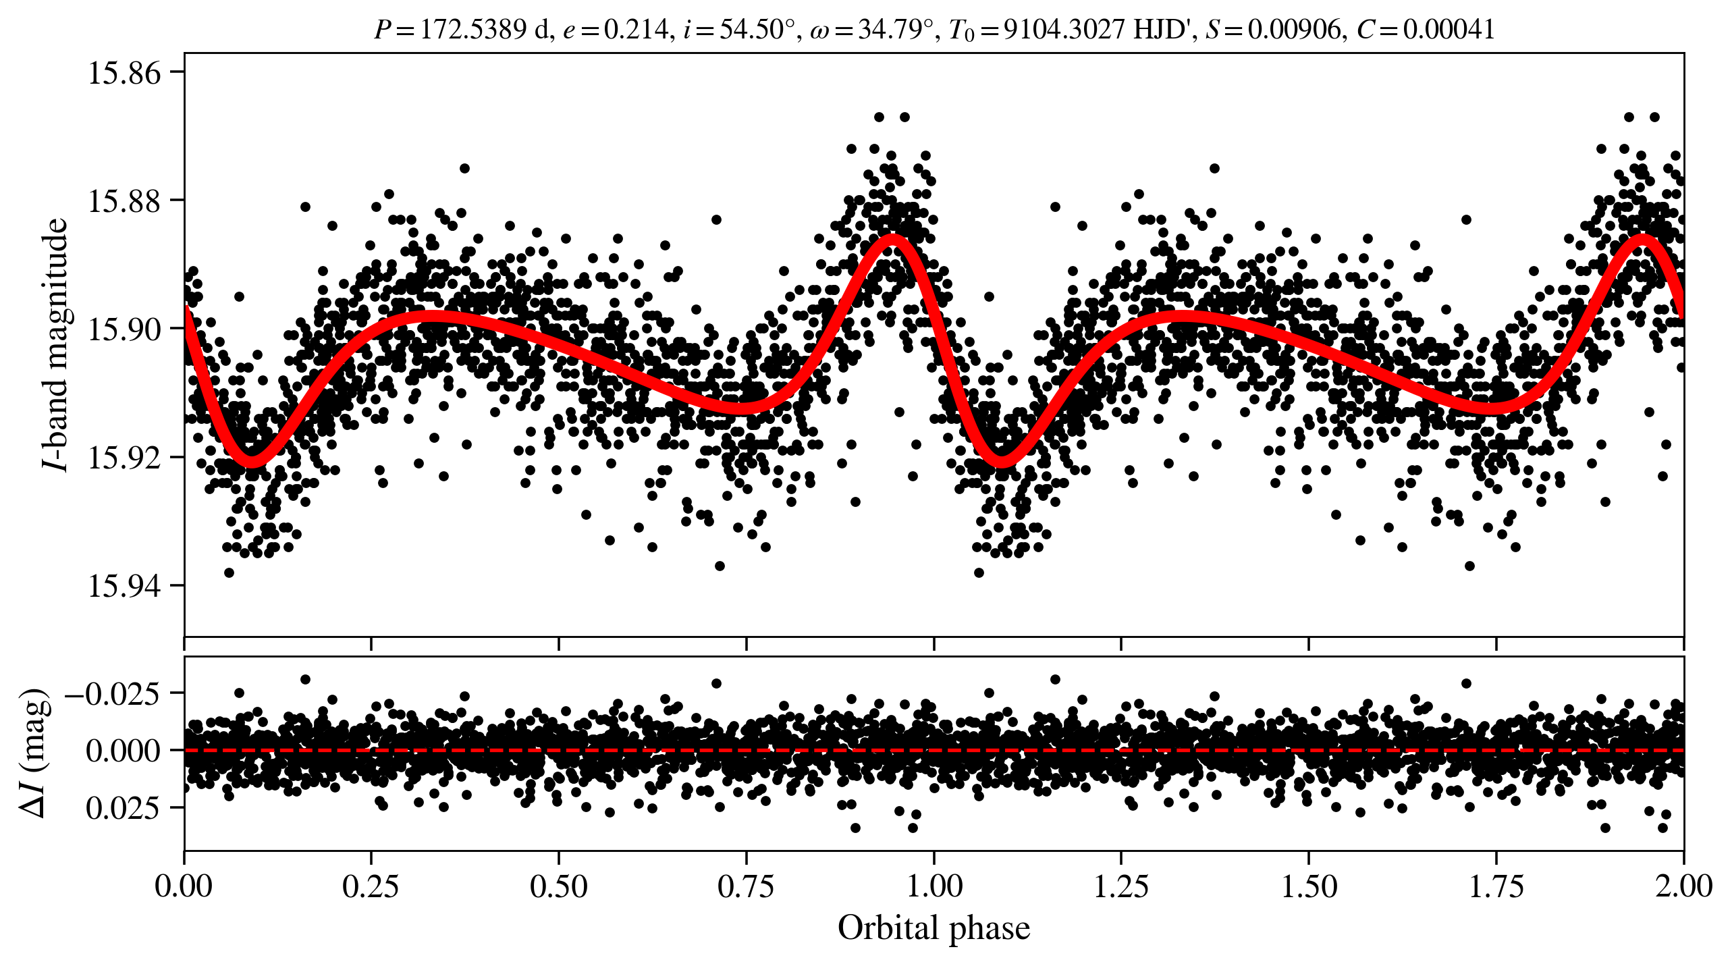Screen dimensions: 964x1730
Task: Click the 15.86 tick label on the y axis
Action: point(125,73)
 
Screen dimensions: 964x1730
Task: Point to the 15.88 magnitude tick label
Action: point(125,201)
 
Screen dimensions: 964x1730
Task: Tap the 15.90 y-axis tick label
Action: point(125,329)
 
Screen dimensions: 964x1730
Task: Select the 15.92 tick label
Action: point(125,458)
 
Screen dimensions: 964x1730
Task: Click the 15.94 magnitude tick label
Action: point(125,586)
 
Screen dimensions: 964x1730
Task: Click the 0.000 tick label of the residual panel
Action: point(123,751)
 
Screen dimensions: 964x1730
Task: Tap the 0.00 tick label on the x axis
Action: point(184,886)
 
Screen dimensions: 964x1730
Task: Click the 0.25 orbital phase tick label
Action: point(371,886)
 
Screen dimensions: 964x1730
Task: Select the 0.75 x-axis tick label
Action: point(746,886)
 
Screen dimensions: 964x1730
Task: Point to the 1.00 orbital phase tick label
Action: point(934,886)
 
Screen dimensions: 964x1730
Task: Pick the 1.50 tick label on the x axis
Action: point(1309,886)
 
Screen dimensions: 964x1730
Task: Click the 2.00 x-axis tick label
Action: point(1683,886)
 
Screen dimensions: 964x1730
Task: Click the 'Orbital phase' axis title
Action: point(934,928)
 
